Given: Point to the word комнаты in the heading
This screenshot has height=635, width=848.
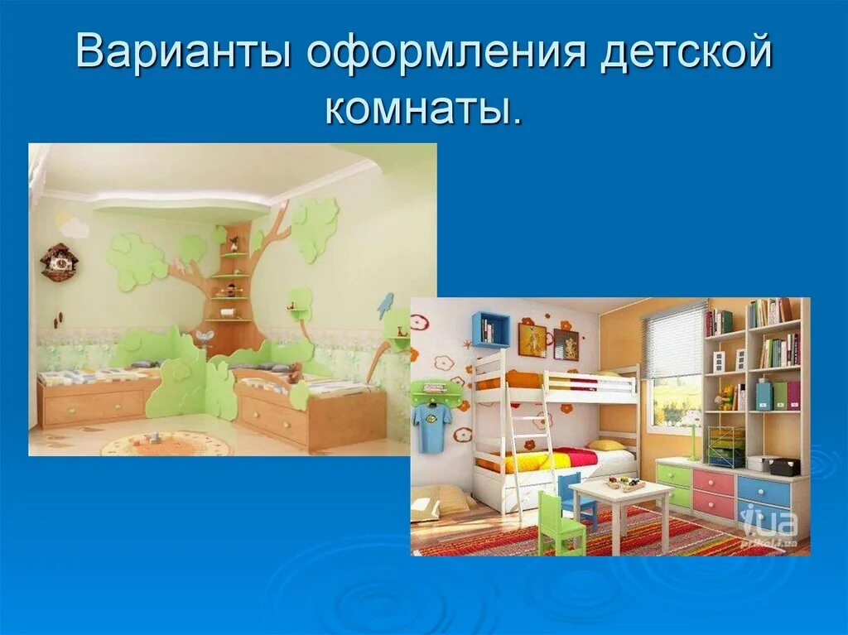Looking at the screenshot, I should [423, 108].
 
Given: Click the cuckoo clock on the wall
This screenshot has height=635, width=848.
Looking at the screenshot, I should [59, 262].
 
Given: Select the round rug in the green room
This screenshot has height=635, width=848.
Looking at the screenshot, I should [166, 443].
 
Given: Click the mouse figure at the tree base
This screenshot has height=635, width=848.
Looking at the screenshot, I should [204, 337].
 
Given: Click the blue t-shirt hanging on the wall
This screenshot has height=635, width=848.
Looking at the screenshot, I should [432, 426].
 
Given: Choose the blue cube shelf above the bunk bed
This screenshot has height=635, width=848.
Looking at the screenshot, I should [490, 330].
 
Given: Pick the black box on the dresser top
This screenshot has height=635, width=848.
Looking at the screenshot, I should [783, 467].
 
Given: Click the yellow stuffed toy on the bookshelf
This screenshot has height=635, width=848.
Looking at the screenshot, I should [726, 397].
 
